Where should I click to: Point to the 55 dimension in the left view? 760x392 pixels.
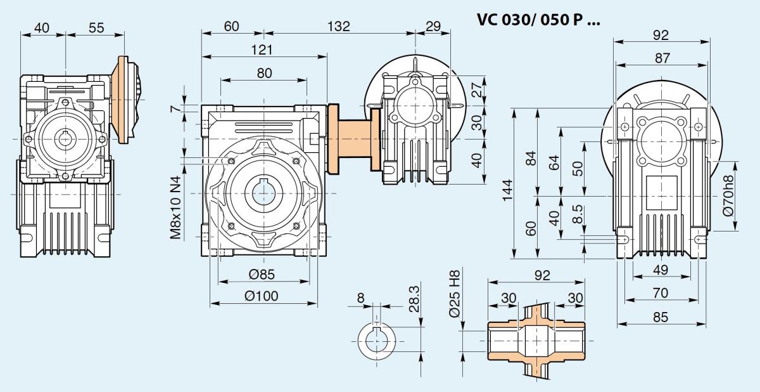click(96, 28)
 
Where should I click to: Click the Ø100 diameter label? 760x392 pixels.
click(263, 296)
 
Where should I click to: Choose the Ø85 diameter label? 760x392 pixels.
click(261, 275)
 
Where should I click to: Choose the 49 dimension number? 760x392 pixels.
click(661, 270)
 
